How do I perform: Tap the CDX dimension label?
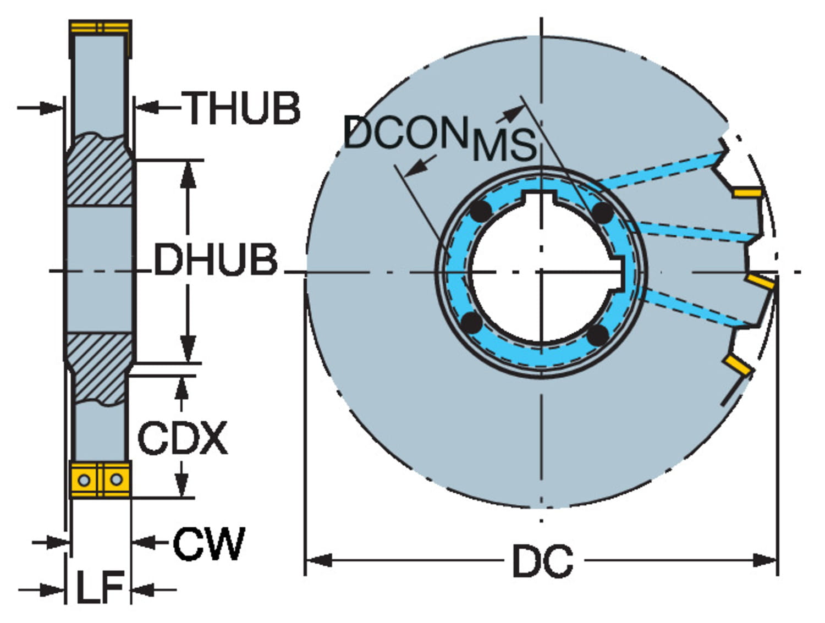(182, 438)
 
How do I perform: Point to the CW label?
(209, 544)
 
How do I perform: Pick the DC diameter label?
(542, 561)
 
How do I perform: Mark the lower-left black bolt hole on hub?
(472, 323)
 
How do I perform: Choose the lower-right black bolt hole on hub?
(598, 334)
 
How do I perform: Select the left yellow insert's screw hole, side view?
(84, 480)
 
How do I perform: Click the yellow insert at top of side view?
(100, 27)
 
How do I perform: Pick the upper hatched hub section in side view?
(99, 170)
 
